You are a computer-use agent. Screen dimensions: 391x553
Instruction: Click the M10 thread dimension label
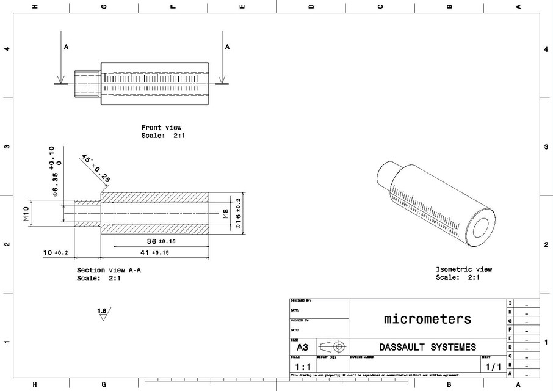(26, 213)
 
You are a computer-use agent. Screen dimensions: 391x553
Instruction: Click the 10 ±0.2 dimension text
(56, 252)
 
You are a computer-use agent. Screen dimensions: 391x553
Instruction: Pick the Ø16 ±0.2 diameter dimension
(238, 213)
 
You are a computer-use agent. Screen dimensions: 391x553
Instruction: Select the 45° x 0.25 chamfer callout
(95, 167)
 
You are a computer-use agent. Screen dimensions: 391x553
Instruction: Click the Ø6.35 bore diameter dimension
(56, 173)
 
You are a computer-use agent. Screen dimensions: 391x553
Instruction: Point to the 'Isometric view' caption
(463, 269)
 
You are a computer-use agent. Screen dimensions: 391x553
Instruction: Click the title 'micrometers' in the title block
(427, 318)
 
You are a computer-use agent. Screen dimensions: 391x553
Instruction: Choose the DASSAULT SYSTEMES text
(427, 347)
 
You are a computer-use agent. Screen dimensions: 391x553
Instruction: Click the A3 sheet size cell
(302, 346)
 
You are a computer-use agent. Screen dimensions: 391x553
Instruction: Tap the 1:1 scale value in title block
(302, 365)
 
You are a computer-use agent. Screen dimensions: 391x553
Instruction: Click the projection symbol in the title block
(332, 346)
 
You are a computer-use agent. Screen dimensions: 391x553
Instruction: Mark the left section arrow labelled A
(60, 64)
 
